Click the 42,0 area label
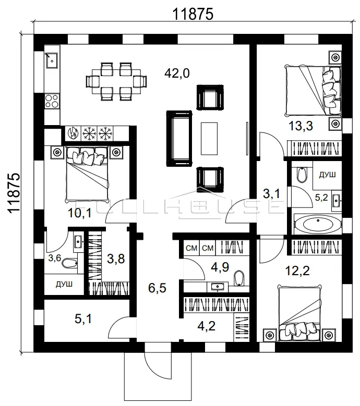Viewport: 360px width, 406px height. click(177, 73)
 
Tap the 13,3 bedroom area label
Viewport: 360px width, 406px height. click(301, 126)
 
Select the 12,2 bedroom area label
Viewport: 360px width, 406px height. click(297, 271)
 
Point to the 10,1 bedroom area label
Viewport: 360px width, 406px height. click(80, 213)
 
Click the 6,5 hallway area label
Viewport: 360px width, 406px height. click(157, 288)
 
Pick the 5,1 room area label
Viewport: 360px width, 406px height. click(83, 319)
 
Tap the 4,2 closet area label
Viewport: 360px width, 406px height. click(206, 326)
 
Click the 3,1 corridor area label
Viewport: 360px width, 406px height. click(271, 193)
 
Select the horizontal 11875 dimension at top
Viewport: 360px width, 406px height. click(193, 14)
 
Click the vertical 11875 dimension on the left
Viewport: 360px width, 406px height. click(14, 193)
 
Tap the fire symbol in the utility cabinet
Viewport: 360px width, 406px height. click(73, 133)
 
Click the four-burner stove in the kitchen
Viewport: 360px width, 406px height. click(52, 101)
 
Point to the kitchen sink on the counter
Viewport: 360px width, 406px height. click(52, 60)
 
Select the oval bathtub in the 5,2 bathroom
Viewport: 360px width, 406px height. click(318, 224)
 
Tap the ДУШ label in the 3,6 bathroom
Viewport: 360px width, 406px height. click(64, 284)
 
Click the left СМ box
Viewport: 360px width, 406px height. click(191, 248)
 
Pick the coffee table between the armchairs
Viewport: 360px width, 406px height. click(209, 138)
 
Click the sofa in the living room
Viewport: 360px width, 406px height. click(179, 139)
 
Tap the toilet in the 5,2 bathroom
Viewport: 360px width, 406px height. click(301, 175)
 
